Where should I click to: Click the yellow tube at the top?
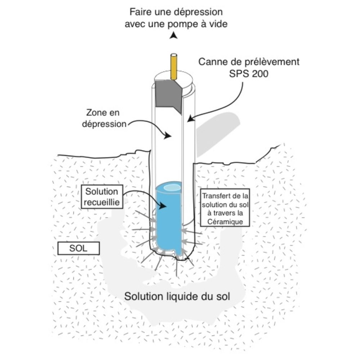(x=174, y=67)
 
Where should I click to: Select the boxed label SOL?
(x=78, y=248)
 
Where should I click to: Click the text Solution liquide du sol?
(x=177, y=296)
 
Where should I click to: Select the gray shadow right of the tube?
(x=218, y=133)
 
